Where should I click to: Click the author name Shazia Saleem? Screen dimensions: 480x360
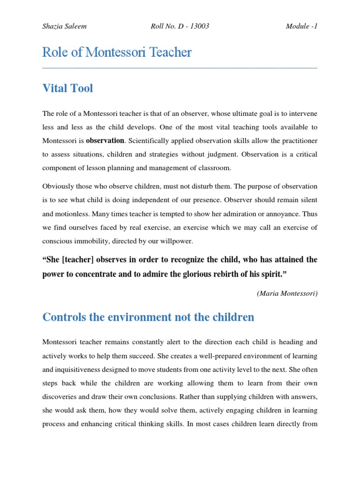pyautogui.click(x=64, y=26)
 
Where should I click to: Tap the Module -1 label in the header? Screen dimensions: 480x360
pyautogui.click(x=301, y=26)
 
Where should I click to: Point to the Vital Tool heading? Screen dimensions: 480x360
pyautogui.click(x=67, y=88)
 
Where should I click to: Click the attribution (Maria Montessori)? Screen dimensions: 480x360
pyautogui.click(x=287, y=293)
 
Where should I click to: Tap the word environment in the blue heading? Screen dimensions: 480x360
pyautogui.click(x=132, y=317)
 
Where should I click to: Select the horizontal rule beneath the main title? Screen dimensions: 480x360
pyautogui.click(x=180, y=68)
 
